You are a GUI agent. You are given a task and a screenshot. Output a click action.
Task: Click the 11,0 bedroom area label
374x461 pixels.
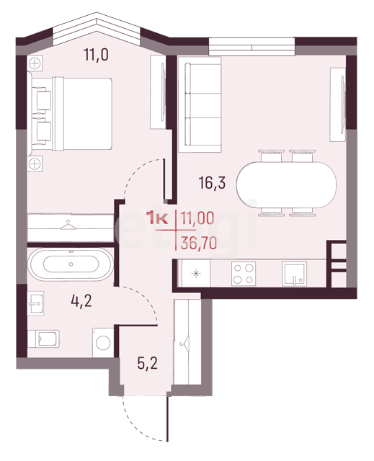tap(96, 55)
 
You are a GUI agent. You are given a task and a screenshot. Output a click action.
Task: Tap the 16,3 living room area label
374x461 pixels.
tap(212, 182)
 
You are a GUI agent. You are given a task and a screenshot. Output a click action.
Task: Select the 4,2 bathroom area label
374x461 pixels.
tap(81, 301)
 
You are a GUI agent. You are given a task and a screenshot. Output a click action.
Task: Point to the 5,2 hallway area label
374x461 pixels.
tap(147, 363)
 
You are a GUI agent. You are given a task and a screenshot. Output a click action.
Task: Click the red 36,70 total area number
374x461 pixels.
tap(199, 243)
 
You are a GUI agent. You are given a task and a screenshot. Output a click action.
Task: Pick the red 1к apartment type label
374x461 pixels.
tap(159, 218)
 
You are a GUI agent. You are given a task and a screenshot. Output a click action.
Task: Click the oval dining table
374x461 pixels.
tap(286, 184)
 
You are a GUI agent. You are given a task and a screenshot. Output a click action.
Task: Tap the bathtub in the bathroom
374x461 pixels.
tap(71, 264)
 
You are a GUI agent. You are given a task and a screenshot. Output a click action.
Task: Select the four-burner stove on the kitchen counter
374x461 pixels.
tap(244, 274)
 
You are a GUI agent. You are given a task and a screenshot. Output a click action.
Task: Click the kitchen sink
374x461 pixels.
tap(294, 274)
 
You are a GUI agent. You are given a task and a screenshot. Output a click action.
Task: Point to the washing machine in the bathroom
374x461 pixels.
tap(103, 343)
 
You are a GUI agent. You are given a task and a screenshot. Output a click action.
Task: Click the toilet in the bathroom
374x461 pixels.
tap(43, 339)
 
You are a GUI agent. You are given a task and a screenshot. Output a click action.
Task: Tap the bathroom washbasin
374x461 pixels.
tap(35, 303)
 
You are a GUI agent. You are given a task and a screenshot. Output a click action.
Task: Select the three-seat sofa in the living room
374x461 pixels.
tap(200, 104)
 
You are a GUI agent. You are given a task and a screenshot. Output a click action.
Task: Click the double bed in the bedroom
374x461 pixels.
tap(71, 114)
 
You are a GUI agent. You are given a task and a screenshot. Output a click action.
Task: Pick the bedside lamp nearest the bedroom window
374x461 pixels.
tap(35, 63)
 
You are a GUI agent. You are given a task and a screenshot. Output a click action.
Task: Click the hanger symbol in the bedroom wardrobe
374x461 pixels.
tap(68, 225)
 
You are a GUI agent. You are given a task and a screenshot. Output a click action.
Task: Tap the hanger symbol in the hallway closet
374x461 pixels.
tap(185, 342)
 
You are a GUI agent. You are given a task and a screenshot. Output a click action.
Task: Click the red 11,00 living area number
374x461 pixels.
tap(197, 218)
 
